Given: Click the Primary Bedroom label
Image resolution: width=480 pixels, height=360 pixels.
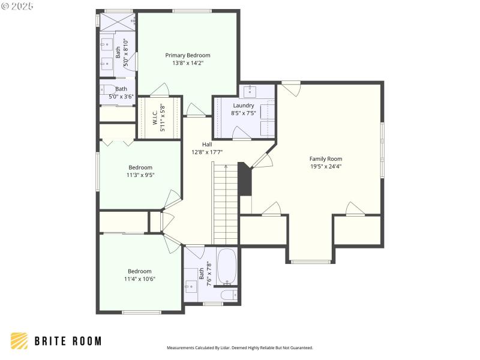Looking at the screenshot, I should click(x=188, y=55).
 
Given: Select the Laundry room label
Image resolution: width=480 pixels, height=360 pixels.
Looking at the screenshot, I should click(x=243, y=106).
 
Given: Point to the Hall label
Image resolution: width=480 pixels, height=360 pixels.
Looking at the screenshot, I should click(x=207, y=144).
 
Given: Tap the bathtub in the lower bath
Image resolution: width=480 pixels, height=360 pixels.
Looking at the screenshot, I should click(x=226, y=266).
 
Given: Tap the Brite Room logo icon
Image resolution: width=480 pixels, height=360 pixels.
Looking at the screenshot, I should click(x=19, y=341).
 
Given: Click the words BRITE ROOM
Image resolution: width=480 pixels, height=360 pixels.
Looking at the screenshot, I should click(x=67, y=341).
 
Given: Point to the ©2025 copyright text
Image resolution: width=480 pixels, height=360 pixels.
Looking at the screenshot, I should click(x=17, y=6).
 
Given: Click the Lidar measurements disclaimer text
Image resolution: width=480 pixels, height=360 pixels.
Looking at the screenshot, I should click(x=239, y=347).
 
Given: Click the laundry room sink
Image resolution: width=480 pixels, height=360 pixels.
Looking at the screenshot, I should click(x=250, y=92).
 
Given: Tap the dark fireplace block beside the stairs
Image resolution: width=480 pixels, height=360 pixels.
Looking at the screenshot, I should click(x=245, y=179).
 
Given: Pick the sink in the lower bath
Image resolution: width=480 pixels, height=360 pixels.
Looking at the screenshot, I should click(x=191, y=287).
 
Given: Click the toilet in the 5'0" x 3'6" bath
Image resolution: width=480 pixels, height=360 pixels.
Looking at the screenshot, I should click(x=107, y=91).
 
